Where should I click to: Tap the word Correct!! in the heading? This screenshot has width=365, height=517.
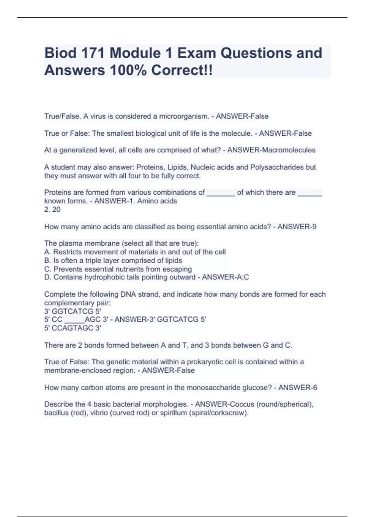(x=182, y=70)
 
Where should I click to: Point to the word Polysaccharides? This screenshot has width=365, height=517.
(x=283, y=167)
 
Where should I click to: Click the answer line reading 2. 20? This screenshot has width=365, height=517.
(x=52, y=210)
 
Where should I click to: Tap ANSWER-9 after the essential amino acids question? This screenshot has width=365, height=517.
(x=297, y=227)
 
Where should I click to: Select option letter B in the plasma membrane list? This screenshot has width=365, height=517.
(x=47, y=261)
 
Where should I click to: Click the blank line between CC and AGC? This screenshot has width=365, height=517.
(x=74, y=320)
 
